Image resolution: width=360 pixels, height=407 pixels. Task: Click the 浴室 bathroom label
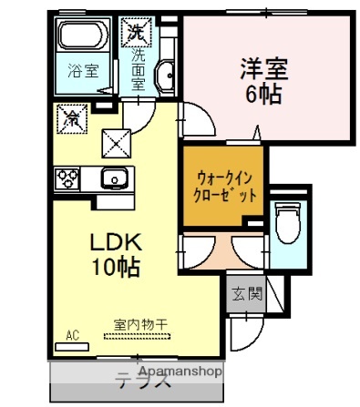[83, 71]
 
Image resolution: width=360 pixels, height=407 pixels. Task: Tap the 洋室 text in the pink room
[263, 67]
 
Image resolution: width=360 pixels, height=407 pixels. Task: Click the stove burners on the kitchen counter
[67, 178]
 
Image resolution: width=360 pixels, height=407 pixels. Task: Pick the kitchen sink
[114, 178]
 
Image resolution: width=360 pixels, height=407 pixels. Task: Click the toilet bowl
[289, 221]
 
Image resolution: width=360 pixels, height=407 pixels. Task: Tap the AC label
[72, 336]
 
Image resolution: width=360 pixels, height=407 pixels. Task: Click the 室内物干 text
[134, 324]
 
